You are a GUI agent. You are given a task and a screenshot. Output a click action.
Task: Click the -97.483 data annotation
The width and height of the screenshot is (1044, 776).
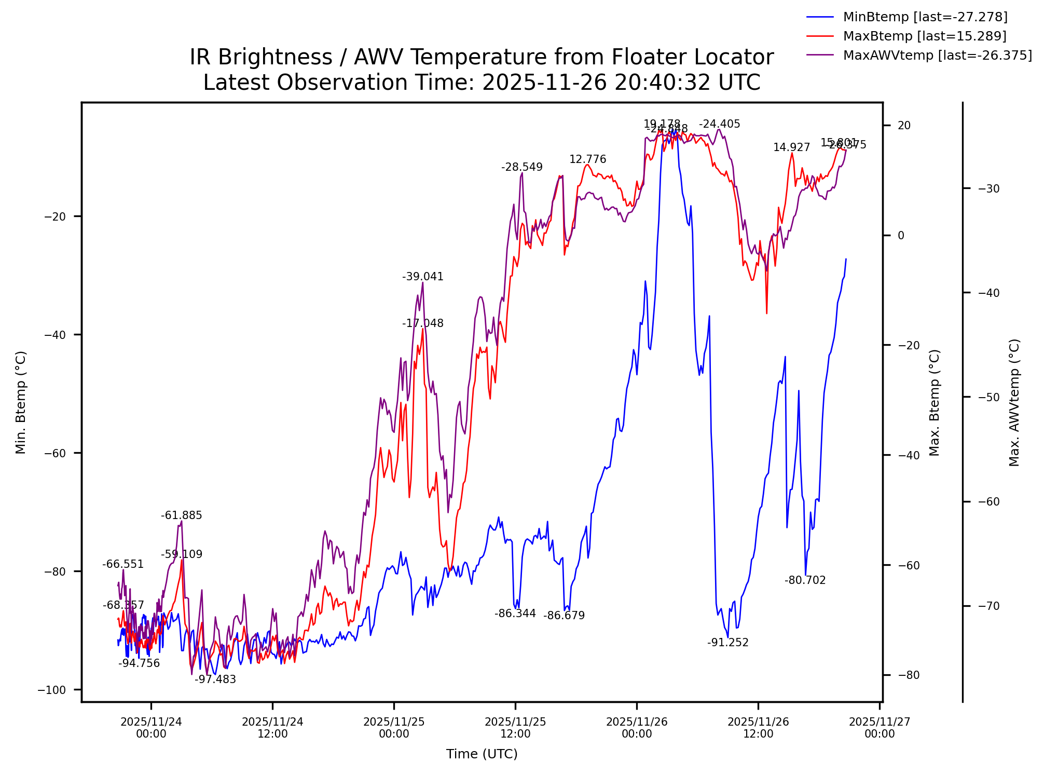point(215,680)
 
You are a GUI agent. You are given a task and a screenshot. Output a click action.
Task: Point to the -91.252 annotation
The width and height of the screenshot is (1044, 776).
point(728,643)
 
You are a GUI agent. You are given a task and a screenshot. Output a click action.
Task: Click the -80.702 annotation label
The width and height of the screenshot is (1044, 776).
point(805,581)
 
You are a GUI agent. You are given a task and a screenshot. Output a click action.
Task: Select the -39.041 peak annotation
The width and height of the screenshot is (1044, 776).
point(423,277)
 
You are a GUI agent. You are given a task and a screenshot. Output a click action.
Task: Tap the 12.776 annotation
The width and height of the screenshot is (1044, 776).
point(587,160)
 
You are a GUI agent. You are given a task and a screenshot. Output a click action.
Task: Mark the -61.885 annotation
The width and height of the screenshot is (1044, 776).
point(181,516)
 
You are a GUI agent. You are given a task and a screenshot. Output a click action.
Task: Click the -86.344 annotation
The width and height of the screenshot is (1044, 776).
point(515,614)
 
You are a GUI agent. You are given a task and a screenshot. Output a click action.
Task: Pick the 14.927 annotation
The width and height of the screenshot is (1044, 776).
point(791,148)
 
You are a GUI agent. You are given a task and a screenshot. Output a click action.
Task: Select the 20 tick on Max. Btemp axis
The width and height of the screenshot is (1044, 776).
point(904,126)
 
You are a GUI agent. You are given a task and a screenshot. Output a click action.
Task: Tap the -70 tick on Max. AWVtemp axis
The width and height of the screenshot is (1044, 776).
point(988,606)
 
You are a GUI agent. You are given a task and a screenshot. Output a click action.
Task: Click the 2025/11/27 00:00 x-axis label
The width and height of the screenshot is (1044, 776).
point(880,728)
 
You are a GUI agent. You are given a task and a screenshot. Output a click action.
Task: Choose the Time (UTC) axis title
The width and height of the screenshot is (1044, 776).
point(482,754)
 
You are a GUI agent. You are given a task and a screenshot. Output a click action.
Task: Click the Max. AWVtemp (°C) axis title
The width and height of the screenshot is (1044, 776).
point(1014,403)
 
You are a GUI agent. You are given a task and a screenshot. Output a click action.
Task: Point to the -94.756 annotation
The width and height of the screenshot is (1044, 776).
point(139,664)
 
